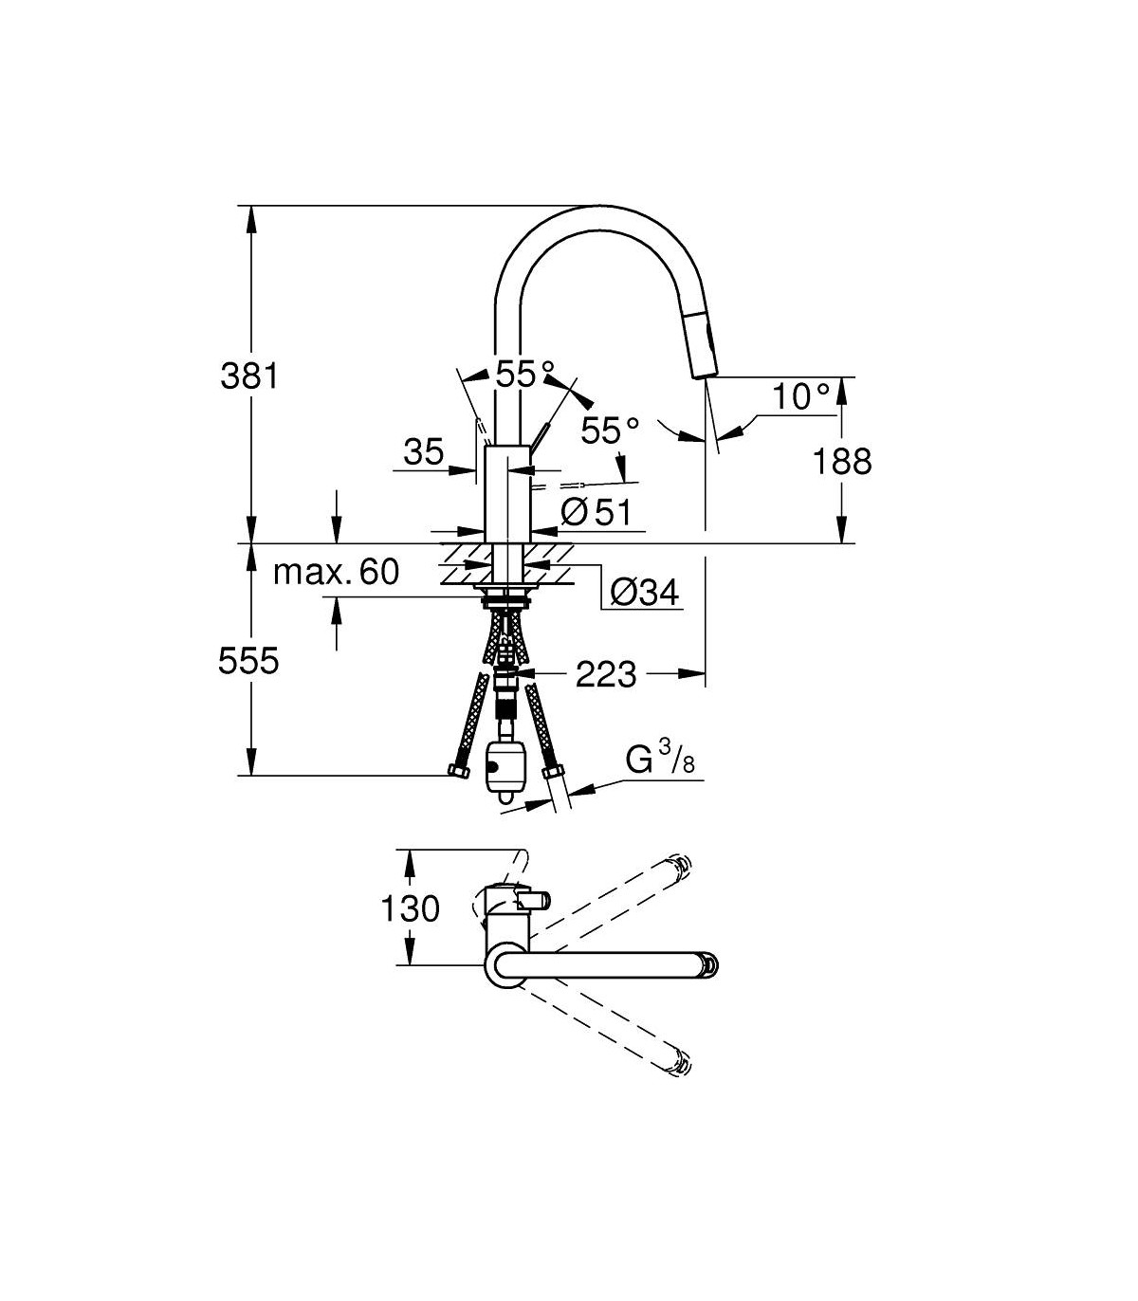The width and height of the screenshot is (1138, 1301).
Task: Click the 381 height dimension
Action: pyautogui.click(x=249, y=376)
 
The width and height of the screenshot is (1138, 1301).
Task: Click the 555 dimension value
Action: pyautogui.click(x=248, y=661)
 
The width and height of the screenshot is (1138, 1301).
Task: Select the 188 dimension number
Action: pyautogui.click(x=842, y=462)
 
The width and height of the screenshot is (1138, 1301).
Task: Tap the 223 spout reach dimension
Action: pyautogui.click(x=606, y=674)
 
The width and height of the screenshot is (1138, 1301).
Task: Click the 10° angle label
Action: pyautogui.click(x=801, y=396)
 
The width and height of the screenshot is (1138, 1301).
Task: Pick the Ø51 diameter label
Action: pyautogui.click(x=597, y=511)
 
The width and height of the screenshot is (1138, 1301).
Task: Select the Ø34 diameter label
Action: pyautogui.click(x=645, y=593)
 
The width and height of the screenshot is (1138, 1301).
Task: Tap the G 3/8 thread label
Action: pyautogui.click(x=660, y=759)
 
